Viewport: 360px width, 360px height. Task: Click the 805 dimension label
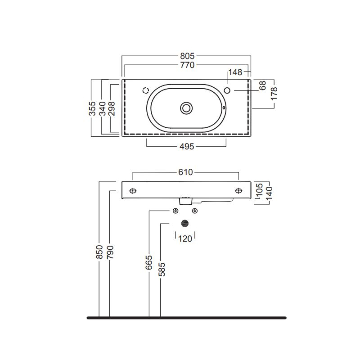pyautogui.click(x=187, y=56)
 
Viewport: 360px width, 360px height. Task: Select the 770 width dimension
pyautogui.click(x=187, y=65)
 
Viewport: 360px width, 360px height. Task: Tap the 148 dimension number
pyautogui.click(x=235, y=72)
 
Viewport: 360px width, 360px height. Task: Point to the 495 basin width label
pyautogui.click(x=187, y=147)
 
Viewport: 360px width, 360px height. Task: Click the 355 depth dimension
pyautogui.click(x=92, y=108)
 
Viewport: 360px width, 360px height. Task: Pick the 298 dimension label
pyautogui.click(x=112, y=108)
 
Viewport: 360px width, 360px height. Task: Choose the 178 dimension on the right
pyautogui.click(x=274, y=94)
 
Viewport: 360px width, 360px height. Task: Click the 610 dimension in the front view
pyautogui.click(x=185, y=172)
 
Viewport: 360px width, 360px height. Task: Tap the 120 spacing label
pyautogui.click(x=185, y=239)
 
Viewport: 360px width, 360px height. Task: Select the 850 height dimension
pyautogui.click(x=99, y=252)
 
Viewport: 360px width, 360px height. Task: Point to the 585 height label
pyautogui.click(x=162, y=269)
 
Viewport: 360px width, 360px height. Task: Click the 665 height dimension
pyautogui.click(x=149, y=262)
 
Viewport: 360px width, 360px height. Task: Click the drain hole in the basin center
pyautogui.click(x=186, y=108)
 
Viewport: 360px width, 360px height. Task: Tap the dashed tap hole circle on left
pyautogui.click(x=146, y=90)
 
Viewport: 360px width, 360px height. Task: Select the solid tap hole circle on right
pyautogui.click(x=227, y=90)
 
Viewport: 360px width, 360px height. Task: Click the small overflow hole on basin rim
pyautogui.click(x=224, y=108)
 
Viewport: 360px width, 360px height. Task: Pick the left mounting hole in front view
pyautogui.click(x=133, y=191)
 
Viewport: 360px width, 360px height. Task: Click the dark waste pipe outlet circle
pyautogui.click(x=185, y=223)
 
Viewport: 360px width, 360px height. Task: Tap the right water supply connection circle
pyautogui.click(x=195, y=211)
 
